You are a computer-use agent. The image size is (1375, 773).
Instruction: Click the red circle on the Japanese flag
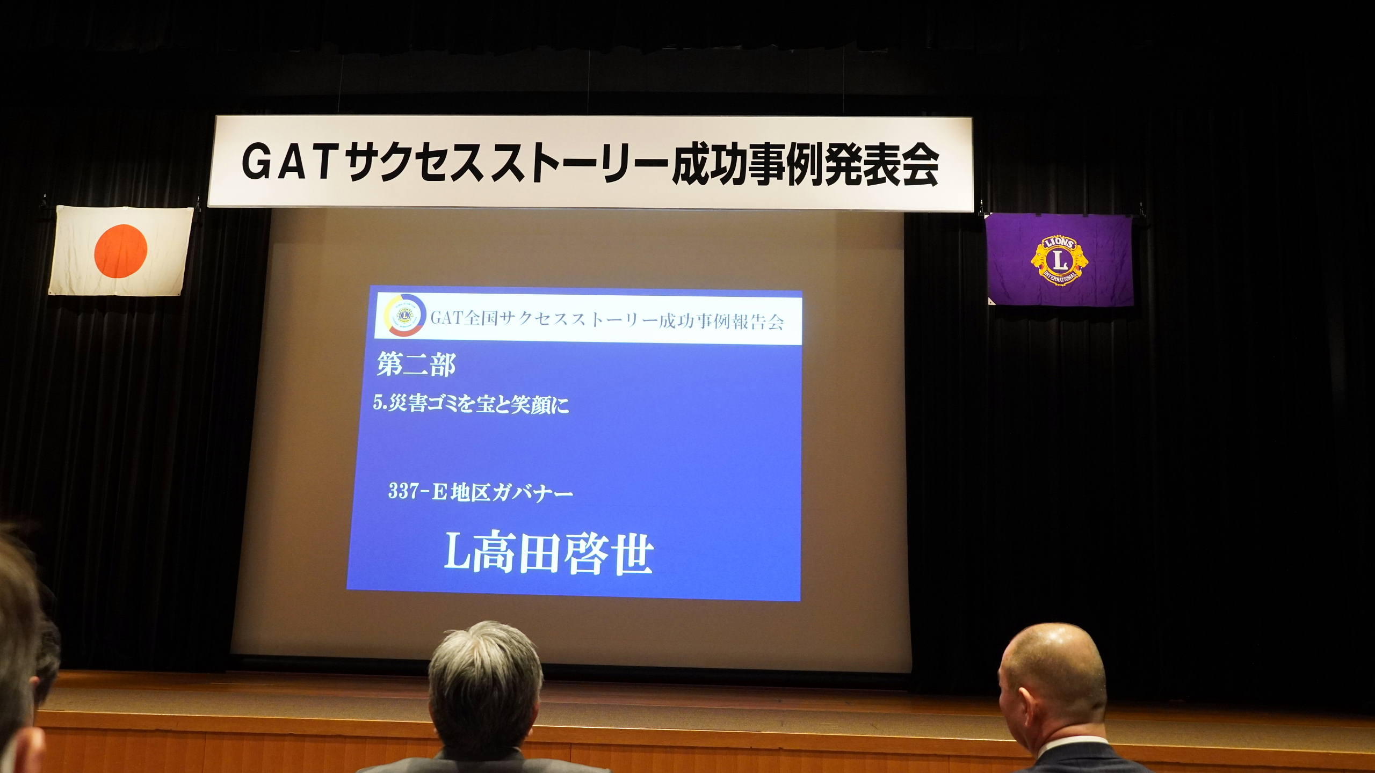pos(121,251)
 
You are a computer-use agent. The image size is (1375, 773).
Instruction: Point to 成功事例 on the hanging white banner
pos(747,164)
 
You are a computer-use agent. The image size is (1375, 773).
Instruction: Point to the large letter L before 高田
pos(457,553)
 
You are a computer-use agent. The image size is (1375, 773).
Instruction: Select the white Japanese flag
pos(121,251)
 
